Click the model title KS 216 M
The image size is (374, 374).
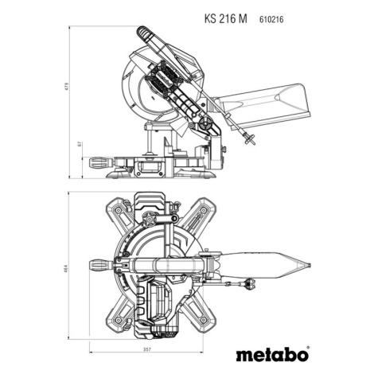225,19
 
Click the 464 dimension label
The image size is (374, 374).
67,268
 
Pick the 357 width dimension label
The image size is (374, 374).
146,349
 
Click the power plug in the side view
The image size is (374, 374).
250,138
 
